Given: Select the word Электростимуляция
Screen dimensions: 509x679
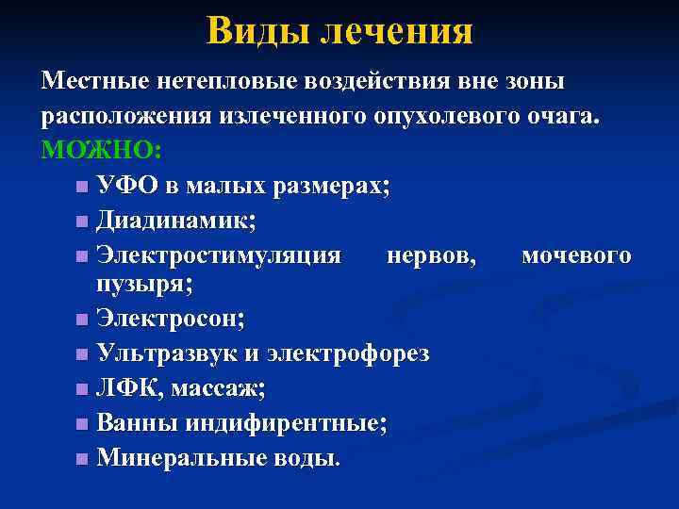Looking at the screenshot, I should (x=219, y=255).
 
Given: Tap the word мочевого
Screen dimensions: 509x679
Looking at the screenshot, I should (x=576, y=255).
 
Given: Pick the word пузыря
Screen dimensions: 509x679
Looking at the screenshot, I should (x=136, y=283).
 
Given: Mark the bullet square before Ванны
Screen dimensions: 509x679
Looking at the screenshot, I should (x=83, y=423).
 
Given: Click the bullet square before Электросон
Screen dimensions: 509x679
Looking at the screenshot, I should (x=83, y=319).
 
